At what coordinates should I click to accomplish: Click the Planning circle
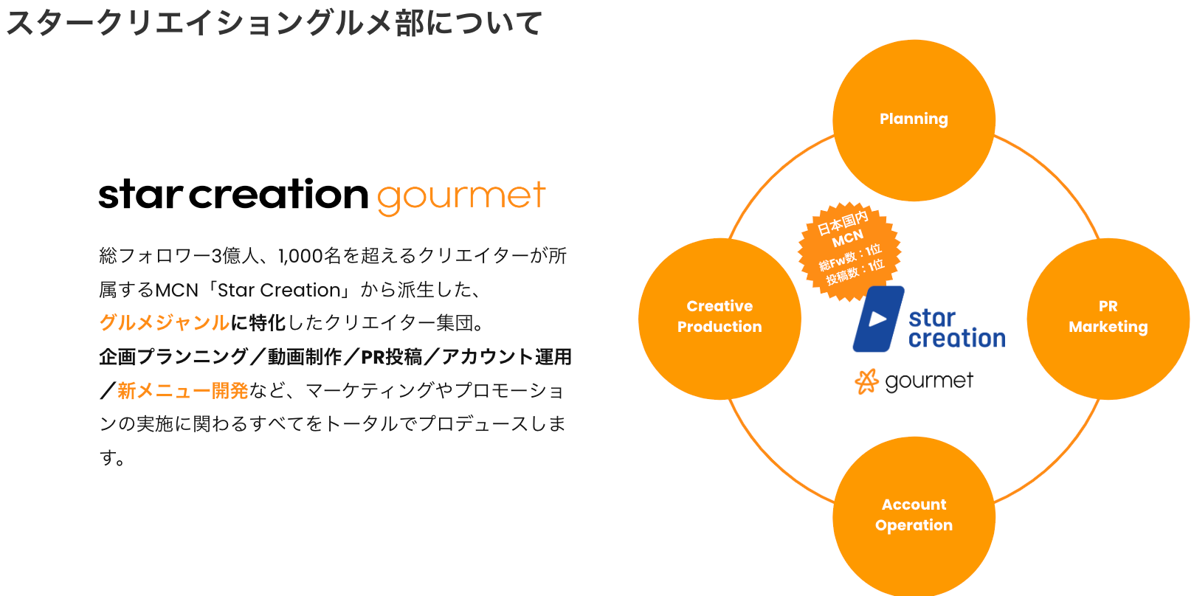(x=914, y=120)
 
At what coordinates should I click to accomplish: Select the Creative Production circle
(x=719, y=319)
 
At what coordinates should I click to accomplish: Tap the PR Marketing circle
(x=1108, y=319)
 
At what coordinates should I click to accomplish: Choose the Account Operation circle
(x=914, y=516)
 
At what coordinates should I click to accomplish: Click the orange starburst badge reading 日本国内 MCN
(x=849, y=251)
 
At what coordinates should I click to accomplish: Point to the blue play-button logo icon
(x=877, y=319)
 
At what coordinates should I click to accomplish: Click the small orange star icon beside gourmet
(x=866, y=381)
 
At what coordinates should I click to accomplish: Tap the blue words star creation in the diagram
(x=956, y=328)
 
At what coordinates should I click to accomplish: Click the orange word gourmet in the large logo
(x=461, y=197)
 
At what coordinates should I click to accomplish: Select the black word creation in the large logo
(x=278, y=195)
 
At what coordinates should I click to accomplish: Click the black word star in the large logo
(x=140, y=195)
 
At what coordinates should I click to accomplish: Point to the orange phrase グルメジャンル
(x=165, y=323)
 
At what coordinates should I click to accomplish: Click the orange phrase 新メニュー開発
(x=182, y=390)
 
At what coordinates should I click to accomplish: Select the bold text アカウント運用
(x=506, y=357)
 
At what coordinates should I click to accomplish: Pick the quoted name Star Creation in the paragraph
(x=279, y=290)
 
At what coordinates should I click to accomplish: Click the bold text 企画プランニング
(x=173, y=357)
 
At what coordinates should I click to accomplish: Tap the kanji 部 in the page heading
(x=410, y=24)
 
